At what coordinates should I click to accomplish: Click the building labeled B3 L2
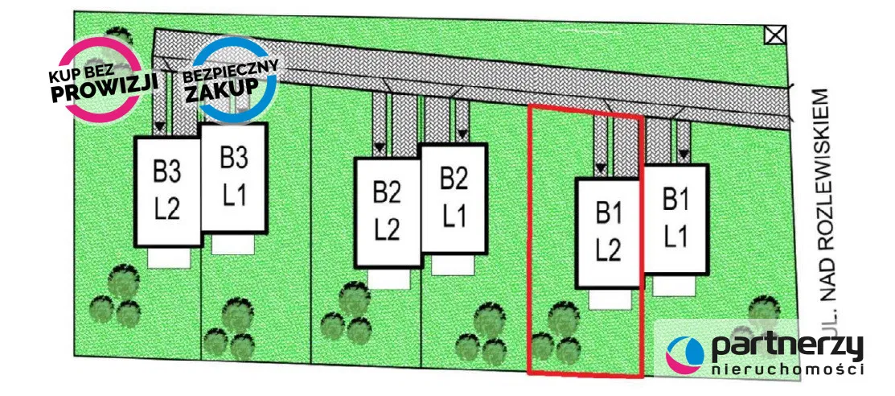[167, 192]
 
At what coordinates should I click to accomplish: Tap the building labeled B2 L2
[388, 212]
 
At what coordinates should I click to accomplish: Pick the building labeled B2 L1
[454, 199]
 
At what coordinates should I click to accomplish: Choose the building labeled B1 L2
[609, 233]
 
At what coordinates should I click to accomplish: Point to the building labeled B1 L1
[675, 220]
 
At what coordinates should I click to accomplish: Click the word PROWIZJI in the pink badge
[104, 90]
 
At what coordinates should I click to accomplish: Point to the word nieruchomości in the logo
[788, 370]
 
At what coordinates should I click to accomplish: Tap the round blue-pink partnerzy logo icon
[685, 354]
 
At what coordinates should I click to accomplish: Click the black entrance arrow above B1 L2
[599, 169]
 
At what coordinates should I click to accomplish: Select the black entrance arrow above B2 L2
[379, 148]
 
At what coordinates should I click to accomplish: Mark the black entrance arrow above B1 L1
[684, 155]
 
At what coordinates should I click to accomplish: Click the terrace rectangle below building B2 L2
[388, 278]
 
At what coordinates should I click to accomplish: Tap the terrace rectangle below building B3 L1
[232, 243]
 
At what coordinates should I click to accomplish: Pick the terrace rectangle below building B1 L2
[610, 299]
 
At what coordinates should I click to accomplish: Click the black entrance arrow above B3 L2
[160, 126]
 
